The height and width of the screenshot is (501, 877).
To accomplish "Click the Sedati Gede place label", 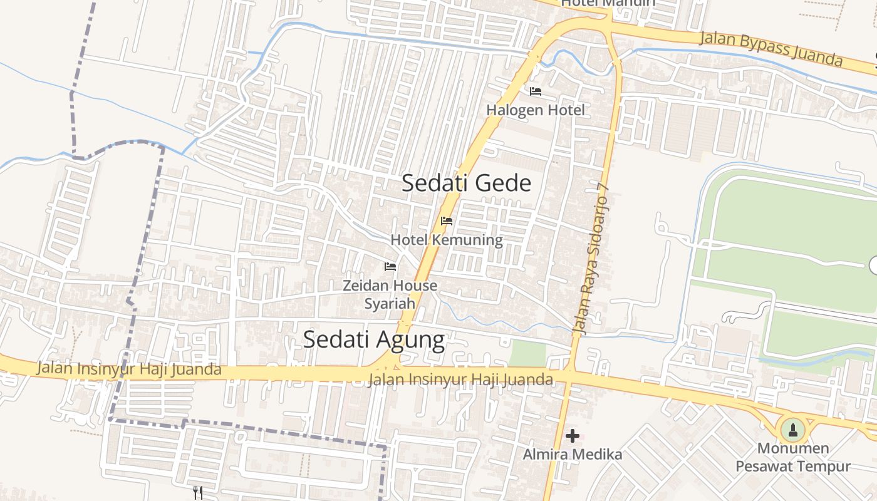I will click(x=466, y=183).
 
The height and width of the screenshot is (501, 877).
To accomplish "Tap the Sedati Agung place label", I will click(x=373, y=339).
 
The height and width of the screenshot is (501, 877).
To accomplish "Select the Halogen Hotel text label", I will click(x=536, y=111).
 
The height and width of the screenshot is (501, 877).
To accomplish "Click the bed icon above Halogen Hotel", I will click(x=536, y=91).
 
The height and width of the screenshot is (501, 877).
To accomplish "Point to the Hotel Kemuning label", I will click(x=446, y=240).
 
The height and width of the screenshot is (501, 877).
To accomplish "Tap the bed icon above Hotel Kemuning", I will click(x=447, y=221).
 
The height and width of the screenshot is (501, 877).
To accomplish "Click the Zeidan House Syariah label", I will click(x=390, y=294).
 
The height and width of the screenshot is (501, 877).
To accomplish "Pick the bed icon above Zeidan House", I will click(x=390, y=267).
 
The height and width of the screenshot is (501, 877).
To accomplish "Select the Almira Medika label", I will click(x=573, y=455).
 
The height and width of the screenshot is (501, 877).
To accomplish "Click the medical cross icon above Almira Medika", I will click(x=573, y=436).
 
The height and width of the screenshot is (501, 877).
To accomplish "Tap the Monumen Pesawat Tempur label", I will click(x=793, y=457).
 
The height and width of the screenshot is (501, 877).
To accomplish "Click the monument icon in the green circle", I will click(x=793, y=430).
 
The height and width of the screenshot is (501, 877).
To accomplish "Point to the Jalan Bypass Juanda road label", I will click(x=771, y=48).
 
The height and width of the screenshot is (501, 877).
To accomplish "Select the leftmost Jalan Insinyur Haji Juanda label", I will click(x=128, y=369).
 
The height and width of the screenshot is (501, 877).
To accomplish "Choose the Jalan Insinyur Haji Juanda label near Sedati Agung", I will click(x=460, y=380).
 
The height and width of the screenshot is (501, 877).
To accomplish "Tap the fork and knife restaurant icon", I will click(x=198, y=493).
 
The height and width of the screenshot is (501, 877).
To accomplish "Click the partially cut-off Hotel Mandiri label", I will click(x=608, y=3).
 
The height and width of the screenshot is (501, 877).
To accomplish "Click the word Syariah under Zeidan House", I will click(x=390, y=304).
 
